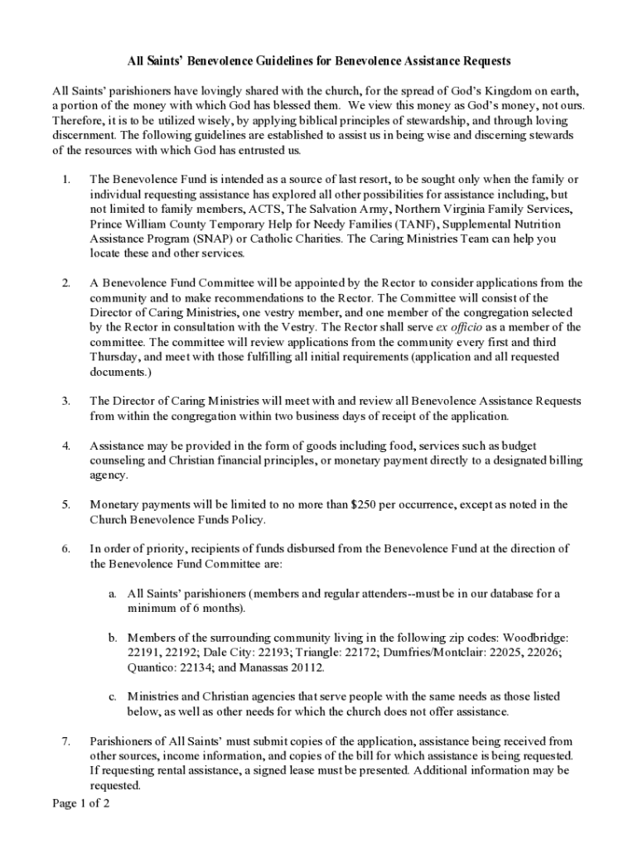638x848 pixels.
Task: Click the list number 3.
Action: (65, 401)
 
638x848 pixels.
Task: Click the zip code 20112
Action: (306, 667)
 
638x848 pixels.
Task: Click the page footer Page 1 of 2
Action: (81, 803)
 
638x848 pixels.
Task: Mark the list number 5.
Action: (65, 503)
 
